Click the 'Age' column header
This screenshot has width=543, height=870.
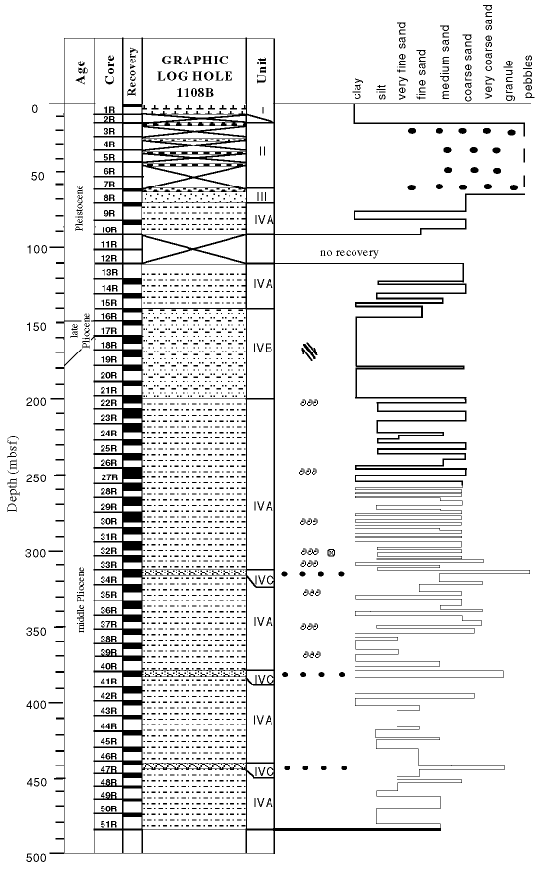click(81, 71)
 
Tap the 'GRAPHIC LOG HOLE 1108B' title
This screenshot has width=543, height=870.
click(194, 76)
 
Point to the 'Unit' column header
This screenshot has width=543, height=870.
click(261, 70)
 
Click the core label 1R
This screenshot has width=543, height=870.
click(108, 110)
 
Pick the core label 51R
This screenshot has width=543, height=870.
click(108, 824)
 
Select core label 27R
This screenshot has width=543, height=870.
click(108, 477)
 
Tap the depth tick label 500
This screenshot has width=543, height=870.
click(37, 857)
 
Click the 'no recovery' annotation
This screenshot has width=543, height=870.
click(350, 253)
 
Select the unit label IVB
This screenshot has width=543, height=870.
click(263, 348)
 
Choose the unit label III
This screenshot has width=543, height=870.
click(262, 197)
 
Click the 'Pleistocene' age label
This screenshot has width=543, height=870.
click(80, 208)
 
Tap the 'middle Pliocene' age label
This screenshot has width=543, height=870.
click(81, 600)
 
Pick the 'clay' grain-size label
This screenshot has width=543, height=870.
click(357, 89)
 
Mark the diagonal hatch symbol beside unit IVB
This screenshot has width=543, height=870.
click(310, 352)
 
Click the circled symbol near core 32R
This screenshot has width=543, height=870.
click(331, 552)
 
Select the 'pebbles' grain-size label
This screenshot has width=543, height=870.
click(529, 77)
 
